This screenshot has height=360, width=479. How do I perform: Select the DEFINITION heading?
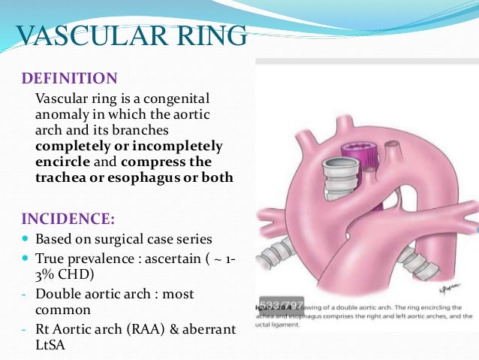click(69, 78)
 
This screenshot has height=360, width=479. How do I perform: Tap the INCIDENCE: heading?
click(68, 219)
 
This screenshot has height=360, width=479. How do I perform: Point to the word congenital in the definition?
click(177, 99)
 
